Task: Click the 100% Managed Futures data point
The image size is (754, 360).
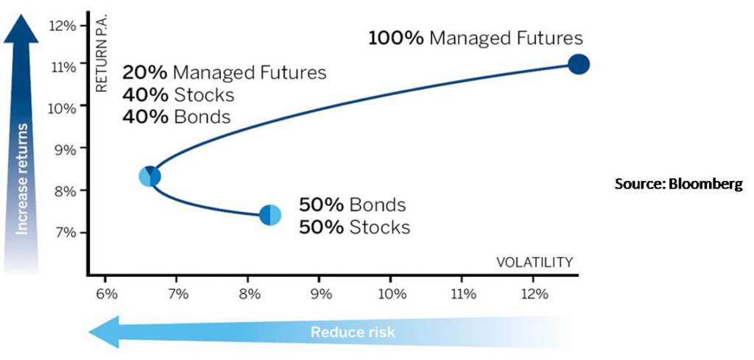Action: (x=579, y=64)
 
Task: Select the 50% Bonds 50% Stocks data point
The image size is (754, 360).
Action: (x=270, y=215)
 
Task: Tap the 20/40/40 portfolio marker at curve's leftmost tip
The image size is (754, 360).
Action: (x=149, y=177)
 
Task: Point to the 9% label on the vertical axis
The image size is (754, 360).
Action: (x=65, y=149)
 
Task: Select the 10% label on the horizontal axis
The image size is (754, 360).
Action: (x=390, y=293)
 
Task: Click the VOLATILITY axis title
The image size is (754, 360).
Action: (x=535, y=262)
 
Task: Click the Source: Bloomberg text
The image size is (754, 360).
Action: (x=679, y=184)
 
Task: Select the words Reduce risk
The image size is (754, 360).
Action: (x=353, y=331)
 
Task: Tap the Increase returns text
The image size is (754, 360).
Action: (x=21, y=179)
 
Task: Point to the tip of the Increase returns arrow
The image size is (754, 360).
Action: (x=21, y=15)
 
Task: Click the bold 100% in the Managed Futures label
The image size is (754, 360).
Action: (x=395, y=38)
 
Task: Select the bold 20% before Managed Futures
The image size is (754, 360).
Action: (x=145, y=73)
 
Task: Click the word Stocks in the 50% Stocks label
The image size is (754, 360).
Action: (x=380, y=227)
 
